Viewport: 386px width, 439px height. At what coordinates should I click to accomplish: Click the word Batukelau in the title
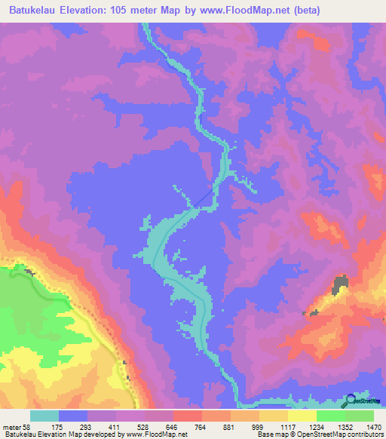click(x=35, y=11)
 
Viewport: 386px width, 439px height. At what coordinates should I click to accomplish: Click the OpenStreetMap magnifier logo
click(x=349, y=401)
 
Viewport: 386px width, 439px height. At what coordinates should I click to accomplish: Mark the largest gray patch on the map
click(x=341, y=284)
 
